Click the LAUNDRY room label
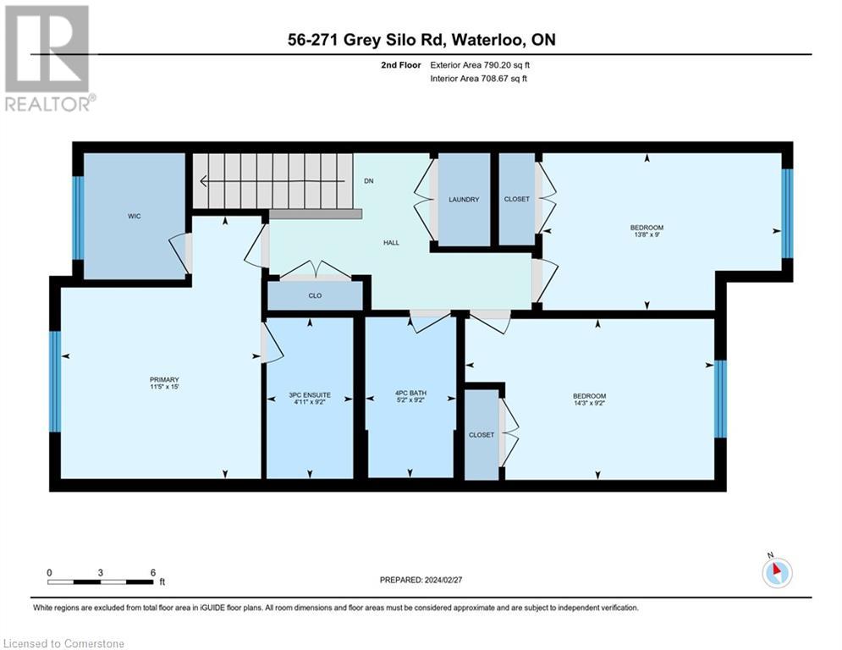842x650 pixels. pyautogui.click(x=464, y=199)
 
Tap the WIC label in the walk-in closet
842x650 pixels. pyautogui.click(x=135, y=216)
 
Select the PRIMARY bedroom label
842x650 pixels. pyautogui.click(x=164, y=379)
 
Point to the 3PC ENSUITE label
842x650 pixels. pyautogui.click(x=310, y=395)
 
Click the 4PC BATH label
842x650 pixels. pyautogui.click(x=410, y=393)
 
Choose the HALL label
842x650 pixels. pyautogui.click(x=392, y=242)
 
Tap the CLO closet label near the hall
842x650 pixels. pyautogui.click(x=315, y=295)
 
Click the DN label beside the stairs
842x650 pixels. pyautogui.click(x=369, y=181)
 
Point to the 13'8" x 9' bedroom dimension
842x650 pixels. pyautogui.click(x=647, y=234)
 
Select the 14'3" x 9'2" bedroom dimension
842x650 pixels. pyautogui.click(x=590, y=403)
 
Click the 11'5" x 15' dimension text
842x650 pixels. pyautogui.click(x=164, y=386)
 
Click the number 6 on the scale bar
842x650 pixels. pyautogui.click(x=153, y=573)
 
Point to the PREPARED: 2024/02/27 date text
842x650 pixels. pyautogui.click(x=421, y=580)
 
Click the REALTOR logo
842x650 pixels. pyautogui.click(x=49, y=58)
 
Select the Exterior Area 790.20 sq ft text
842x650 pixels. pyautogui.click(x=480, y=65)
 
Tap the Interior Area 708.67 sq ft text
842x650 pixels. pyautogui.click(x=478, y=79)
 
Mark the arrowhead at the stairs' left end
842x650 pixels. pyautogui.click(x=204, y=181)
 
